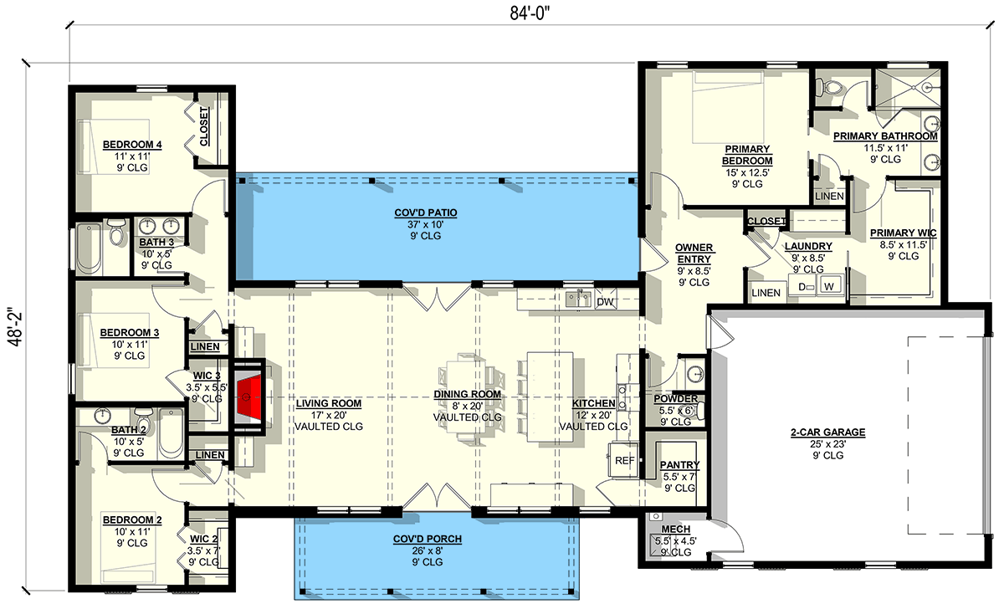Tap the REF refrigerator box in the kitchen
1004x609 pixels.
(624, 460)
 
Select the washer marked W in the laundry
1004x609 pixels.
(830, 287)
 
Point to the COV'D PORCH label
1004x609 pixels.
(428, 538)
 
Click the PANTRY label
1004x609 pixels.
(679, 465)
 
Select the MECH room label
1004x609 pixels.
(674, 530)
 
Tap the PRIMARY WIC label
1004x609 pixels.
(903, 233)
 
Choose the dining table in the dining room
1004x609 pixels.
(463, 394)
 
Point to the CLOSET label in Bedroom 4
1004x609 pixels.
(205, 125)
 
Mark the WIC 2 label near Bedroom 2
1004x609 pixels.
(205, 538)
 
